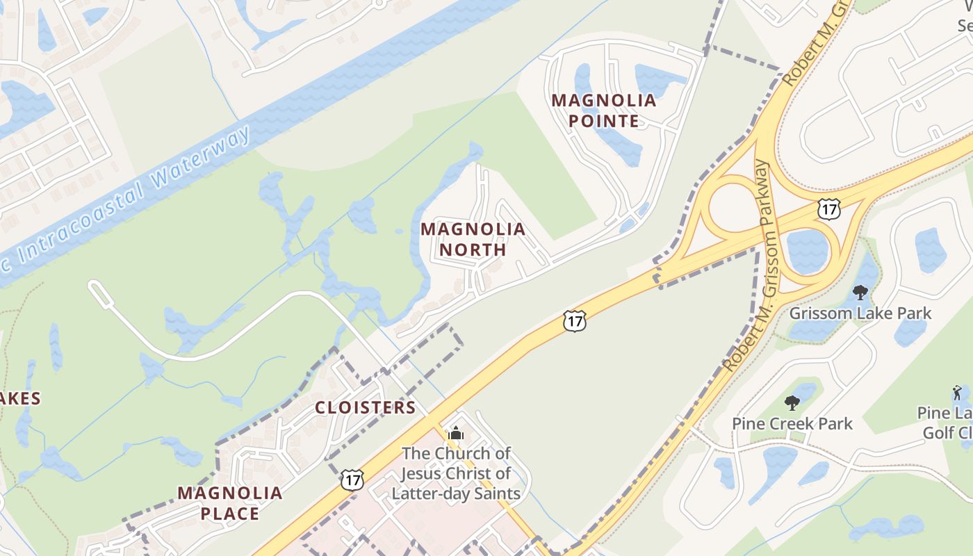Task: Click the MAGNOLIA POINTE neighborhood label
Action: [604, 111]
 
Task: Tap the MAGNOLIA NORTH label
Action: [473, 238]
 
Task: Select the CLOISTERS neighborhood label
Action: [365, 407]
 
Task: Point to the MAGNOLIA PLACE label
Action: [229, 503]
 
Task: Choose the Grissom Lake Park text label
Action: [860, 313]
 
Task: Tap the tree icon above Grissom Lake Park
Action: [860, 293]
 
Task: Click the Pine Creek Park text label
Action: [792, 423]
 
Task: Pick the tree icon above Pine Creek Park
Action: [792, 402]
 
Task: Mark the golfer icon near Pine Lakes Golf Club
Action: [958, 393]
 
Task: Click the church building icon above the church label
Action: [456, 434]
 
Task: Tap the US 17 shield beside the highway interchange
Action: [829, 208]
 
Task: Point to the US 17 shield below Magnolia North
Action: [575, 320]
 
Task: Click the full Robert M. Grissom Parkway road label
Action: [747, 264]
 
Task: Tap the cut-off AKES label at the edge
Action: [19, 398]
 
